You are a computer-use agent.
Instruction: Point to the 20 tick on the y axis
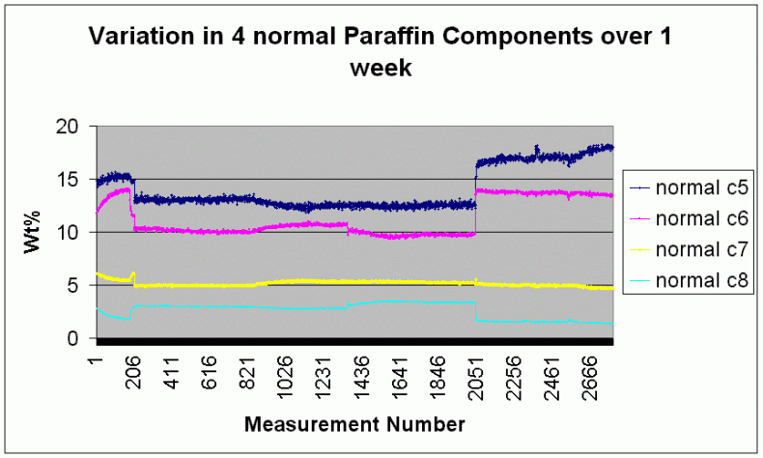(x=75, y=126)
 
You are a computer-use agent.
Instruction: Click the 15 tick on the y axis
(x=75, y=179)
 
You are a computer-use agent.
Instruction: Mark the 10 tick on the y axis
(x=75, y=232)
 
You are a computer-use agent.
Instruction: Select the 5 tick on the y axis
(x=80, y=285)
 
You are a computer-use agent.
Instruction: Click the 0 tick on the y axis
(x=80, y=338)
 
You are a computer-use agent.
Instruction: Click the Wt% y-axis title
(x=32, y=233)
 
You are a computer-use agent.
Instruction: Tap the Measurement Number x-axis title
(x=354, y=423)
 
